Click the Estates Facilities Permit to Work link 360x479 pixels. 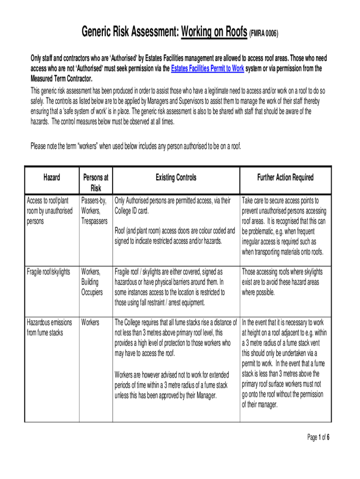coord(208,68)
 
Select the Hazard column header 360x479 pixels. coord(51,177)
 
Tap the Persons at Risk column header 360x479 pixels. coord(95,182)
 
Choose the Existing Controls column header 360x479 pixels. coord(176,177)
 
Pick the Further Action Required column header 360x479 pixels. coord(285,177)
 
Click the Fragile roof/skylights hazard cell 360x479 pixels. coord(49,272)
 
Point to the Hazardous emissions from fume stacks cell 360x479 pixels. coord(49,327)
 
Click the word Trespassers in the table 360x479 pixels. coord(94,221)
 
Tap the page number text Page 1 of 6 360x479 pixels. coord(318,437)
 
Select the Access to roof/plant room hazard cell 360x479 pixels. coord(50,210)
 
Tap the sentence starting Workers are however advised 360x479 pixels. coord(171,385)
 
